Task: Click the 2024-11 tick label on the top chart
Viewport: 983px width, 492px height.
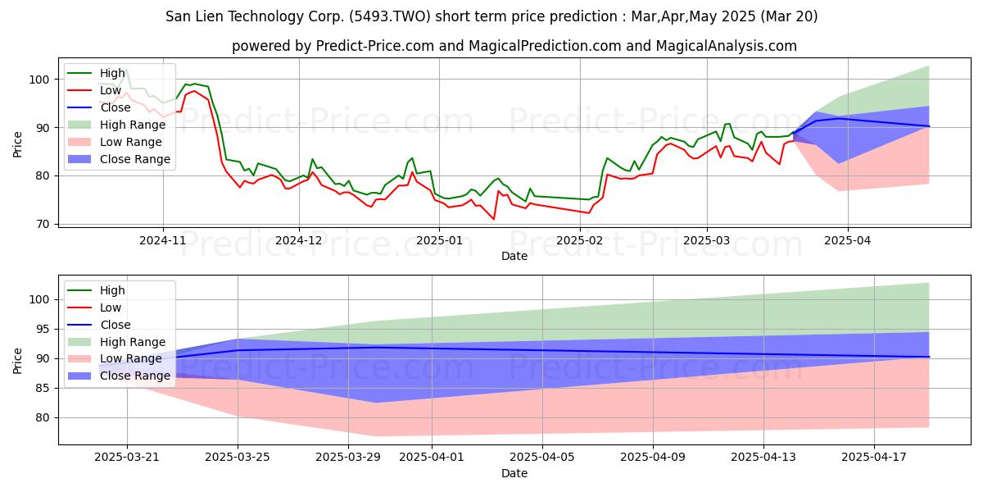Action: click(x=163, y=240)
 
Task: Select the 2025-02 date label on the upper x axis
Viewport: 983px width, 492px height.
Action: click(x=580, y=240)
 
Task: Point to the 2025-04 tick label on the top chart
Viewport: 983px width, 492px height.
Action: click(x=848, y=240)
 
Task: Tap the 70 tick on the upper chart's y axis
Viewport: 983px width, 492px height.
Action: click(x=43, y=224)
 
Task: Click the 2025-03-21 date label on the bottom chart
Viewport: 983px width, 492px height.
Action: click(x=127, y=458)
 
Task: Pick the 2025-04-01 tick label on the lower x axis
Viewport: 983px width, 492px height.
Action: click(x=432, y=458)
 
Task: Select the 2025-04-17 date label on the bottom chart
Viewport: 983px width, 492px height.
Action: click(x=874, y=458)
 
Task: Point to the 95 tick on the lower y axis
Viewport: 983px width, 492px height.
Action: click(x=43, y=330)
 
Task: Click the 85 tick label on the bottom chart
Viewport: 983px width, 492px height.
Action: click(x=43, y=389)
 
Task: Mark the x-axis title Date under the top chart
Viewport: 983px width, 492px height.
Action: click(x=514, y=256)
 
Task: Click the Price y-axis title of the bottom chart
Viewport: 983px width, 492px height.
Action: click(x=17, y=361)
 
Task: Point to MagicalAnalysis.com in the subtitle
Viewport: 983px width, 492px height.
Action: click(x=727, y=46)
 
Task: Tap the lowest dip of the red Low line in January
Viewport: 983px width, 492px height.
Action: click(x=494, y=219)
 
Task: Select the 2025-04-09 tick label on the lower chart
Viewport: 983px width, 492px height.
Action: click(x=653, y=458)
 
